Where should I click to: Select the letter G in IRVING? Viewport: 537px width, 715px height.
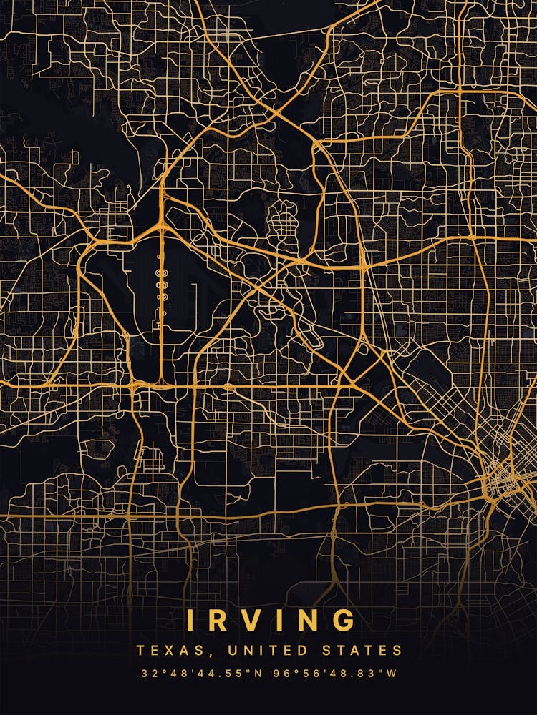(343, 620)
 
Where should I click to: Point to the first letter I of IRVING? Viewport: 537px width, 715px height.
(190, 620)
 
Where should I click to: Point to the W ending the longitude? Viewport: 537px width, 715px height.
(391, 674)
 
